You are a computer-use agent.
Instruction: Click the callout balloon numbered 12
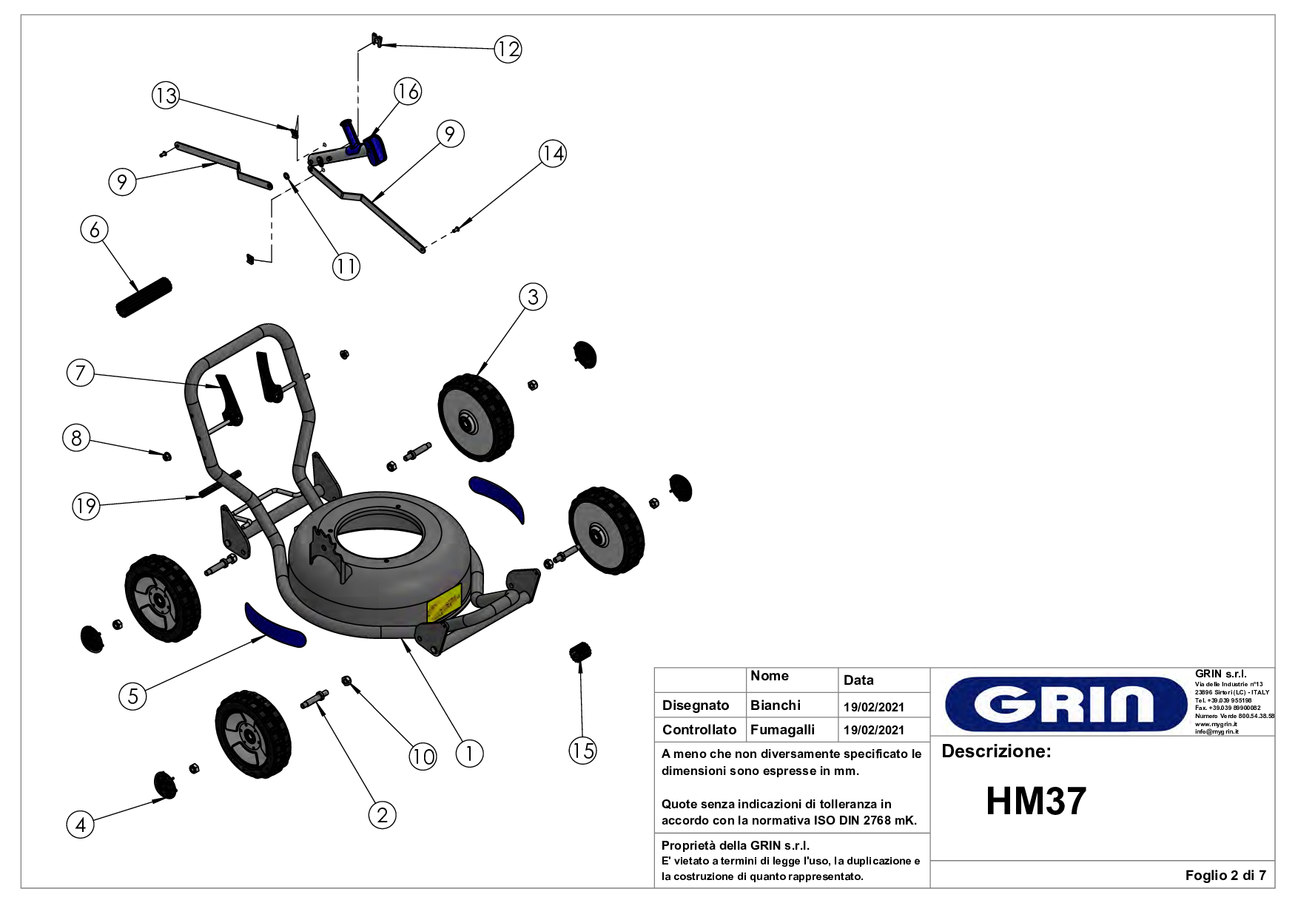tap(508, 50)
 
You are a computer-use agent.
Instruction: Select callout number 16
tap(408, 92)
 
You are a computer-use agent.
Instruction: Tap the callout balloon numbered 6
tap(94, 230)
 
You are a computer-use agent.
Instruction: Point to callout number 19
tap(86, 506)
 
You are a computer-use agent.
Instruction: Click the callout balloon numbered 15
tap(582, 751)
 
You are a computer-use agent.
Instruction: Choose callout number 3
tap(533, 297)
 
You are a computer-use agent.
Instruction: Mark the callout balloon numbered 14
tap(552, 154)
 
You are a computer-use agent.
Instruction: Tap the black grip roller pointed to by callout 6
tap(144, 297)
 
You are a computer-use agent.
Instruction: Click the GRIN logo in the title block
tap(1066, 703)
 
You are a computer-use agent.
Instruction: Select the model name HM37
tap(1035, 801)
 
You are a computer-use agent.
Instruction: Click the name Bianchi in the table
tap(775, 705)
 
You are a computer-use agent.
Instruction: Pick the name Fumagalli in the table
tap(782, 730)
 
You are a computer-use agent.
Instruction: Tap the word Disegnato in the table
tap(696, 705)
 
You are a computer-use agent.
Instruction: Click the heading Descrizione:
tap(996, 751)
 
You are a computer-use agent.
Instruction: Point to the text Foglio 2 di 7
tap(1225, 876)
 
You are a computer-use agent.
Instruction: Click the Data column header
tap(858, 680)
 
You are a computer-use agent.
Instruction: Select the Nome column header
tap(769, 676)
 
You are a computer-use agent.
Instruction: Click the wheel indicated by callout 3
tap(475, 417)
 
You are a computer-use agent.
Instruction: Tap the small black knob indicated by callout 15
tap(580, 652)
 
